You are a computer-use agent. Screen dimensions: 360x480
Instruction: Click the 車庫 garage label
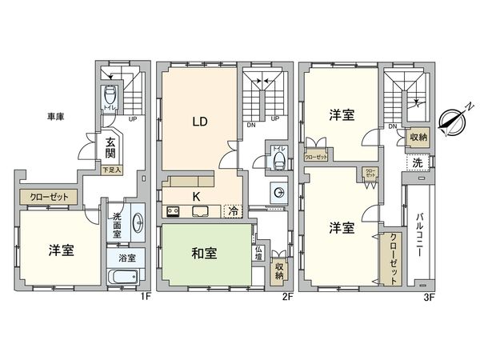pos(55,117)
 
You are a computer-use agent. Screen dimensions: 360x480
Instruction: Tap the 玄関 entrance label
pos(110,149)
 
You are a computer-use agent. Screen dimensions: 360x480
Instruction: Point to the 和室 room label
pos(204,255)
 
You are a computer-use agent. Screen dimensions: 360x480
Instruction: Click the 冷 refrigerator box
pos(232,212)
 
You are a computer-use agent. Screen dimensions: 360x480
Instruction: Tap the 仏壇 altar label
pos(258,254)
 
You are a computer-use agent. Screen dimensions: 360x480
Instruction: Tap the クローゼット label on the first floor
pos(48,196)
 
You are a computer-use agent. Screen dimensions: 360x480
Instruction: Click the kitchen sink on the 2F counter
pos(199,212)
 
